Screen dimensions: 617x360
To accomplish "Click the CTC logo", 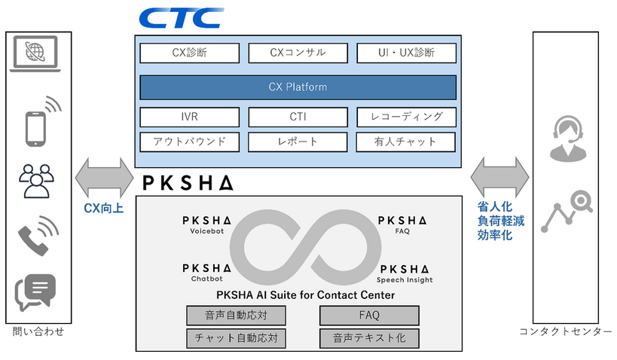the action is [x=182, y=18].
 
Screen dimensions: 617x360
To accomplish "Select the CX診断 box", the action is [x=190, y=53].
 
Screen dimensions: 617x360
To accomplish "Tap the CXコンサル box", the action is [x=298, y=53].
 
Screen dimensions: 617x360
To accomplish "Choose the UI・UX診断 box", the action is [x=407, y=53].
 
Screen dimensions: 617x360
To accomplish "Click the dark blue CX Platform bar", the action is [x=298, y=87].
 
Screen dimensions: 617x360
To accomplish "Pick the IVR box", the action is [x=190, y=117].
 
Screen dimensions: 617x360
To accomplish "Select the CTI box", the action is [x=298, y=117].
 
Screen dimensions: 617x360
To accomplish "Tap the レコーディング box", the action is [x=407, y=117].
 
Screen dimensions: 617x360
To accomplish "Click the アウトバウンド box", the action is [x=190, y=142].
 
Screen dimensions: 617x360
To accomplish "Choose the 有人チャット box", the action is [x=406, y=142].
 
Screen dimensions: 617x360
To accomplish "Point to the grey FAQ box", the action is [x=369, y=316].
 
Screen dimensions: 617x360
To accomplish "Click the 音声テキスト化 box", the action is [x=369, y=338].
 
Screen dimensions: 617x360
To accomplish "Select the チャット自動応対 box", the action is [x=236, y=338].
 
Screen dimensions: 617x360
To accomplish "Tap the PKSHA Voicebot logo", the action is [x=207, y=225].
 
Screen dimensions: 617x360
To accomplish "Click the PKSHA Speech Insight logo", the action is [x=405, y=274].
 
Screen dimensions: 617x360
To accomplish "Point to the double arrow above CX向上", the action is [x=104, y=178].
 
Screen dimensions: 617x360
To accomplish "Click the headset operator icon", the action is [x=568, y=139].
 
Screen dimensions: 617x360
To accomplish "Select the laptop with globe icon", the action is [x=35, y=54].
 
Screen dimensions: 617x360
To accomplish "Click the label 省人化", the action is [x=495, y=206].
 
